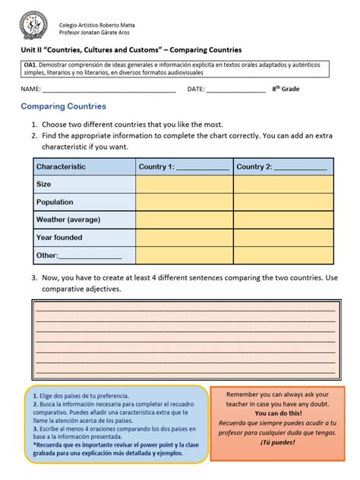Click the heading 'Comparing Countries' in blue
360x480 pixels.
coord(63,106)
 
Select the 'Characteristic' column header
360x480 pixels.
coord(61,167)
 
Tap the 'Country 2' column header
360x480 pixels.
coord(282,167)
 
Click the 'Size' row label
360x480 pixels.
coord(44,184)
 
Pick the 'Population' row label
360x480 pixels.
coord(55,202)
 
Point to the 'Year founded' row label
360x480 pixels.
coord(59,238)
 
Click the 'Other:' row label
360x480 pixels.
coord(47,256)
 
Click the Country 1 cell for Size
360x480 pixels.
coord(184,184)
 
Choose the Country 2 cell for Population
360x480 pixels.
coord(283,202)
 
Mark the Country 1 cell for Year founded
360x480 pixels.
coord(184,238)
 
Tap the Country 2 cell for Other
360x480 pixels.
coord(283,256)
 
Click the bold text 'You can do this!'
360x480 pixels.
coord(282,413)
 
